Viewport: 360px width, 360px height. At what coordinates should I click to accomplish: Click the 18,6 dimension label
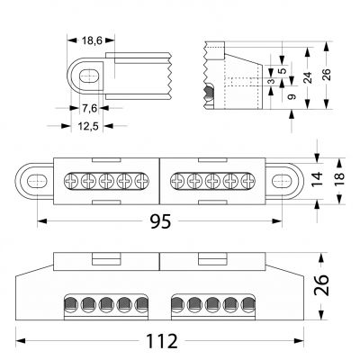[x=92, y=40]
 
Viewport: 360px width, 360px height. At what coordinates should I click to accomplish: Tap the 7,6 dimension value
[x=90, y=108]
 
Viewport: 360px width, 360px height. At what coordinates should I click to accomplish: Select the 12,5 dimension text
[x=88, y=126]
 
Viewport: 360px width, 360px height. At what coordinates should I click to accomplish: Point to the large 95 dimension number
[x=160, y=221]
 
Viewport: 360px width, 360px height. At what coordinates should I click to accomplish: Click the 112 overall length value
[x=162, y=341]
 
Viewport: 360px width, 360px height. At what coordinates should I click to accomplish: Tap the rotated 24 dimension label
[x=307, y=77]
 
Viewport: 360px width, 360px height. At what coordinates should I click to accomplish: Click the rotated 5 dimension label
[x=282, y=71]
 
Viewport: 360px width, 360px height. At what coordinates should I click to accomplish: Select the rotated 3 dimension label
[x=271, y=81]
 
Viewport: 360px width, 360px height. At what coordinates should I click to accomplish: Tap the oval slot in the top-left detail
[x=89, y=76]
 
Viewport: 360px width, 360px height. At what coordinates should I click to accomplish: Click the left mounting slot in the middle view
[x=37, y=181]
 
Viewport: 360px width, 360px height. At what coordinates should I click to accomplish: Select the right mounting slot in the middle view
[x=282, y=181]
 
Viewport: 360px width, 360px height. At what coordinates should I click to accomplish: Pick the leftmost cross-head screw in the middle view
[x=71, y=181]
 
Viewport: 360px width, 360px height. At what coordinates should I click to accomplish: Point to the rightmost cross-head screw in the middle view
[x=248, y=181]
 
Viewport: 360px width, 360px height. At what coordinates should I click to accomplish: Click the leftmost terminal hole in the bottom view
[x=71, y=304]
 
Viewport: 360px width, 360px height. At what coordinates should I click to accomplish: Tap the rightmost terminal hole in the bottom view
[x=248, y=304]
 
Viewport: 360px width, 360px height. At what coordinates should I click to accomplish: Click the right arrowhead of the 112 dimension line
[x=299, y=341]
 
